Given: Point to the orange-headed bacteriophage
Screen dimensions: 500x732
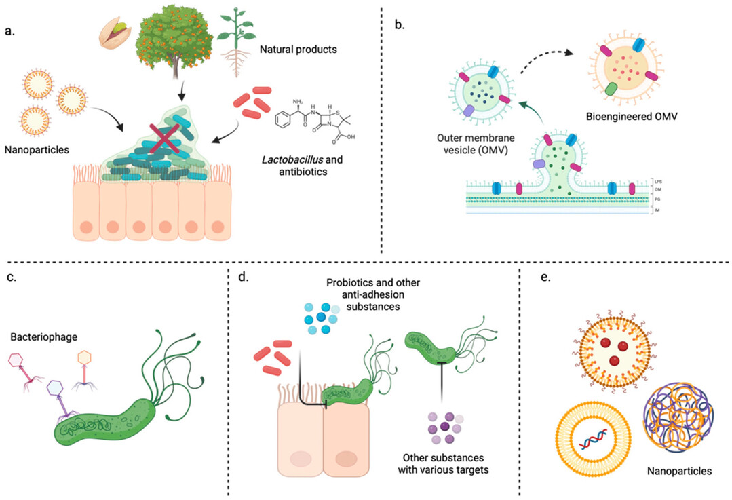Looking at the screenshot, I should pos(85,358).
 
